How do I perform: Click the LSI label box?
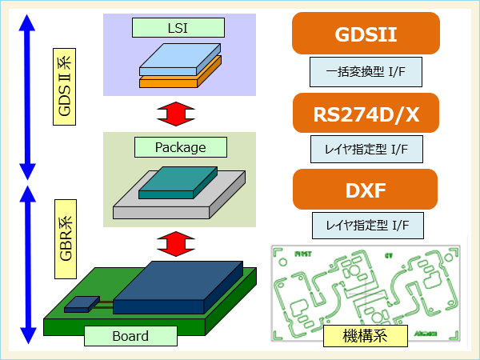point(178,29)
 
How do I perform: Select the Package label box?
point(181,147)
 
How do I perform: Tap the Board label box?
point(130,336)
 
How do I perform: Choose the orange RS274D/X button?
point(366,114)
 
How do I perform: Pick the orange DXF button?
point(366,190)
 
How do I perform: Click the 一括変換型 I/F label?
point(366,73)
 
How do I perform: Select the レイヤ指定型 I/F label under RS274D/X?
point(366,149)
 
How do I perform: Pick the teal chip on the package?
point(178,182)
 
